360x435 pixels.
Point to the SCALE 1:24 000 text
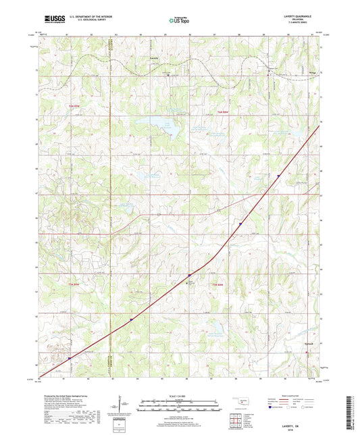(x=180, y=395)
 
